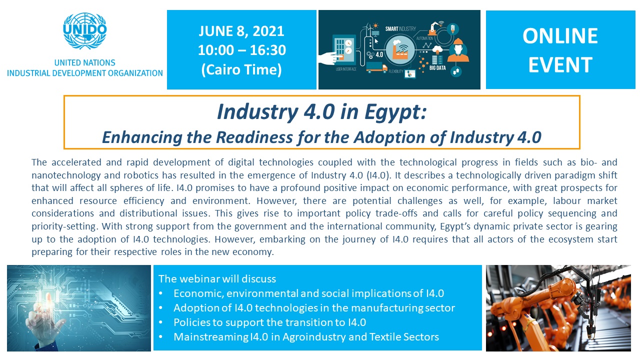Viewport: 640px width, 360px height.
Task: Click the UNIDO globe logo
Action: click(85, 30)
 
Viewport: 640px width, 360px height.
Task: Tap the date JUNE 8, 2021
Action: click(241, 31)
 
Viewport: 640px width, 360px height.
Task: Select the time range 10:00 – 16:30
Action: click(241, 50)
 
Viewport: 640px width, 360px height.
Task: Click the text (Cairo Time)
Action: click(241, 69)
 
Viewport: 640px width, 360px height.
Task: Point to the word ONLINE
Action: click(560, 36)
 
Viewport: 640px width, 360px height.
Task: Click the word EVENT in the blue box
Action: click(560, 65)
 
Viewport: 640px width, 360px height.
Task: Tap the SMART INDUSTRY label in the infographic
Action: click(400, 29)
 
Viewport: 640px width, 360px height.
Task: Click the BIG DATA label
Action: click(437, 68)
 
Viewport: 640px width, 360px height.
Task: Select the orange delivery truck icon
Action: click(376, 67)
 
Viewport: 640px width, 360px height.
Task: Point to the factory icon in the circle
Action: click(401, 51)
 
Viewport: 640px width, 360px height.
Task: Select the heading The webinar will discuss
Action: click(217, 279)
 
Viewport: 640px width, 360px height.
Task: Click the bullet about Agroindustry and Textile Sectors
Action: click(306, 337)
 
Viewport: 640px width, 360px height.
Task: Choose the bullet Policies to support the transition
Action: click(269, 322)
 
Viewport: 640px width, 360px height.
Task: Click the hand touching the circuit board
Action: click(45, 321)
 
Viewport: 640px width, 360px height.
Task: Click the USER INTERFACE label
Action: click(346, 69)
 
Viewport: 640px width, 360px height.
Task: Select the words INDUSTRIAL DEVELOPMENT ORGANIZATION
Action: click(85, 73)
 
